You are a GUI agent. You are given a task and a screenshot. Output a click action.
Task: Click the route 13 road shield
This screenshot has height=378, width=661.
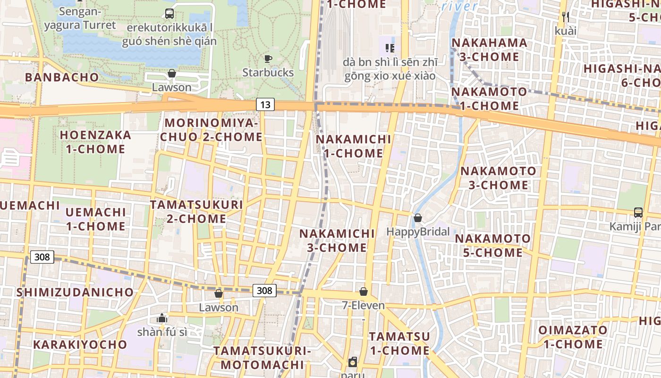[x=265, y=104]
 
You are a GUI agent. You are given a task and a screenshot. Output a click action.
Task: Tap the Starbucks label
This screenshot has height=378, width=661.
[x=268, y=72]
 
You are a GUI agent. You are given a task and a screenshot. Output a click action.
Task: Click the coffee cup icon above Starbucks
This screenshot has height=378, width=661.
[x=268, y=59]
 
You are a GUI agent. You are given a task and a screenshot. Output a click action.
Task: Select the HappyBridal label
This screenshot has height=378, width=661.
[x=418, y=232]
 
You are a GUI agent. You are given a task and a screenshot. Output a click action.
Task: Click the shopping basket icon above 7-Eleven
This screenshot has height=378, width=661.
[x=363, y=291]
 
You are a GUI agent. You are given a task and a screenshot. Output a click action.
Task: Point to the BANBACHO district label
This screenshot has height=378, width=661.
[x=62, y=77]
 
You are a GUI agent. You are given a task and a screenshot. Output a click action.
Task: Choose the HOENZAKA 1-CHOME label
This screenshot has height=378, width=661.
[x=95, y=142]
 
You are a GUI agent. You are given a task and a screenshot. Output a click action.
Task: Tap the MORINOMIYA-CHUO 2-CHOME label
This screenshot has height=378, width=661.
[x=211, y=130]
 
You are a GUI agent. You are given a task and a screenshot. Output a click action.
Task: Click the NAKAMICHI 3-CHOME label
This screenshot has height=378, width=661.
[x=337, y=241]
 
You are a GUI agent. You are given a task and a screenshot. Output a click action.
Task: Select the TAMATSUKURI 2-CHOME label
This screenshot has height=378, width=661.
[x=196, y=212]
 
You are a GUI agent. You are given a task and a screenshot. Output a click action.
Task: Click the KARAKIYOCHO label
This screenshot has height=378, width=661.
[x=80, y=344]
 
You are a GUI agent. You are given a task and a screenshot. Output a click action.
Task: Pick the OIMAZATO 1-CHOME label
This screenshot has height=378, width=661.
[x=573, y=337]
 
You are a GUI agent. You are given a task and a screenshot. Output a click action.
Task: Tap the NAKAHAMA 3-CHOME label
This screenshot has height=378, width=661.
[x=489, y=50]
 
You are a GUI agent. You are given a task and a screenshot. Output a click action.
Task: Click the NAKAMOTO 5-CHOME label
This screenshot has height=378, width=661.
[x=493, y=246]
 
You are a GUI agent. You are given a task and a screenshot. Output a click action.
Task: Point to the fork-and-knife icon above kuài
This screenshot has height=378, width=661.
[x=566, y=17]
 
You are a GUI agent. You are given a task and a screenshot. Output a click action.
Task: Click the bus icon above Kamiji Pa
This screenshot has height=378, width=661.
[x=638, y=212]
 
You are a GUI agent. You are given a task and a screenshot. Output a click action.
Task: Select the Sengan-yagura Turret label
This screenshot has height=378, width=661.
[x=80, y=18]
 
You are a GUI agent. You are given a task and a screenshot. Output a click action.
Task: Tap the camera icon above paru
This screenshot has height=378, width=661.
[x=353, y=362]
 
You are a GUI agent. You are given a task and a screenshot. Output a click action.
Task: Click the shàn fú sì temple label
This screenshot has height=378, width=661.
[x=162, y=332]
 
